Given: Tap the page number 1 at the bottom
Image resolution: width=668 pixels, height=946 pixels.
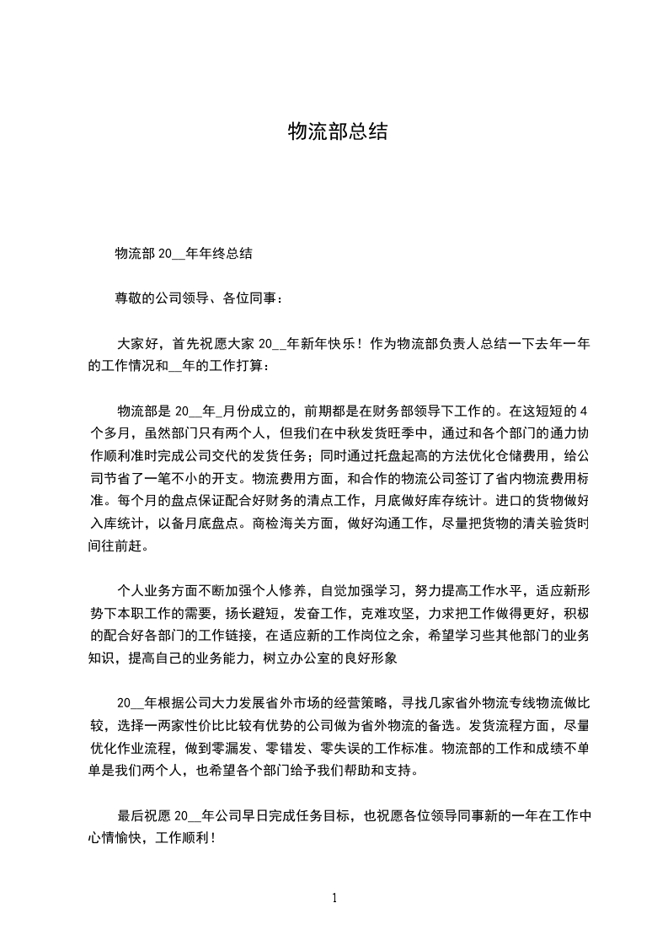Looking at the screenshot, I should (334, 898).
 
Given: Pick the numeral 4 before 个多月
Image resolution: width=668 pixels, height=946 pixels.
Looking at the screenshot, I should (585, 412).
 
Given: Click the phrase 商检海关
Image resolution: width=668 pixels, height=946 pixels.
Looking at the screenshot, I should (286, 523).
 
